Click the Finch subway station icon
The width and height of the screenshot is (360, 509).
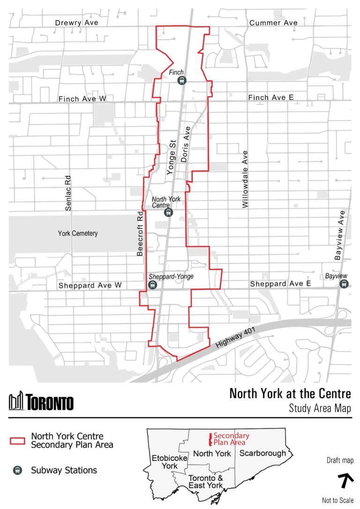click(182, 81)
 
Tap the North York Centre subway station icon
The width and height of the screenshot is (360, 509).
click(169, 212)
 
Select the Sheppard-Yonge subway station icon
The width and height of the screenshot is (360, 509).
click(153, 284)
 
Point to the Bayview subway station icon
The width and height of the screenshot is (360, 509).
click(345, 284)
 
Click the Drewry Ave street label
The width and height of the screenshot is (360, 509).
click(77, 22)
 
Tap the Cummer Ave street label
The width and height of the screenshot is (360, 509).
click(273, 22)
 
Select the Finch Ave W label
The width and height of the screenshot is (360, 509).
click(82, 98)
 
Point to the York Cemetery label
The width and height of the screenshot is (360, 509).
click(78, 233)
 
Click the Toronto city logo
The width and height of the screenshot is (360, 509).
click(41, 401)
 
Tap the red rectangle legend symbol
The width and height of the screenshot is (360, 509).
click(17, 441)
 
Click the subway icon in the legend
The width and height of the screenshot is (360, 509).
click(17, 470)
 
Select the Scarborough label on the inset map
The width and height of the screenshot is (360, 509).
click(262, 453)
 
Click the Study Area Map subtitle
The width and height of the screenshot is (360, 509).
click(320, 408)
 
